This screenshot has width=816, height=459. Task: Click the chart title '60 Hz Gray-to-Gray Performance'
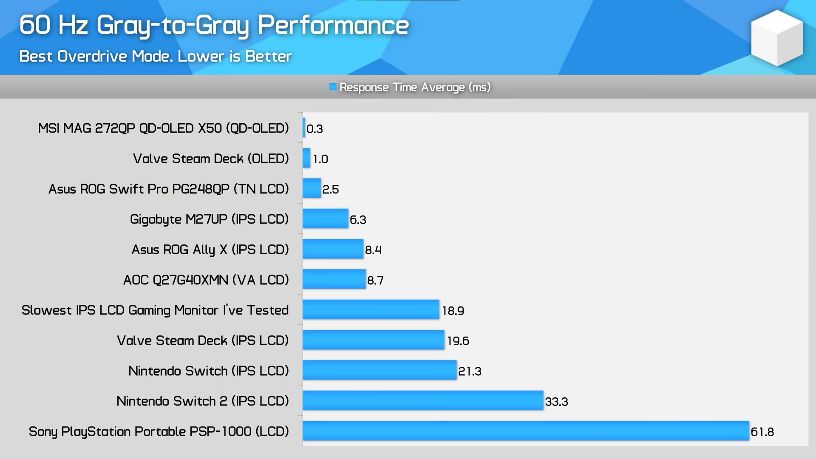[x=214, y=25]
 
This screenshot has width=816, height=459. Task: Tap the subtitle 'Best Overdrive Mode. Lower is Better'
[x=155, y=56]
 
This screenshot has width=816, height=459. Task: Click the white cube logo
[x=776, y=38]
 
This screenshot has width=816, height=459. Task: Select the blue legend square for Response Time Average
[x=333, y=87]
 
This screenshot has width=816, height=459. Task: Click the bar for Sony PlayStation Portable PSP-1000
[x=525, y=431]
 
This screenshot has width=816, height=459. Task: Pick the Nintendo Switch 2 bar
[x=422, y=401]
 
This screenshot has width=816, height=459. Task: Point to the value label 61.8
[x=762, y=432]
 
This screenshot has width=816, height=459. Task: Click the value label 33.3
[x=556, y=402]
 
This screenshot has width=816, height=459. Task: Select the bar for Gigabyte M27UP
[x=325, y=219]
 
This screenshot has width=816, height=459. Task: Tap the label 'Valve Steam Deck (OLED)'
[x=211, y=159]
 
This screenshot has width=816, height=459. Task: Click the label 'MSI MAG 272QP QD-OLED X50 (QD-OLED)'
[x=163, y=128]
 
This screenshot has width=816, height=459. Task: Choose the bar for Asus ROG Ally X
[x=333, y=249]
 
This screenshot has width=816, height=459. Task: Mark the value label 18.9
[x=453, y=311]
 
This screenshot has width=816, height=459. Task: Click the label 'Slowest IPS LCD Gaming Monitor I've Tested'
[x=155, y=310]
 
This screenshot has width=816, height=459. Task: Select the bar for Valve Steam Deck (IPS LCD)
[x=373, y=340]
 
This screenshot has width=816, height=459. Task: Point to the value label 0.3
[x=314, y=129]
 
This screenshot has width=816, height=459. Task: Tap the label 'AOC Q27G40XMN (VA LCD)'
[x=206, y=280]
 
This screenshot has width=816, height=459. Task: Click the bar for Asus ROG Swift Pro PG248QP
[x=312, y=188]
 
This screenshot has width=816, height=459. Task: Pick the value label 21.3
[x=470, y=371]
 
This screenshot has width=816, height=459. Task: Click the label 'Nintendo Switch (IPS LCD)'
[x=208, y=371]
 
